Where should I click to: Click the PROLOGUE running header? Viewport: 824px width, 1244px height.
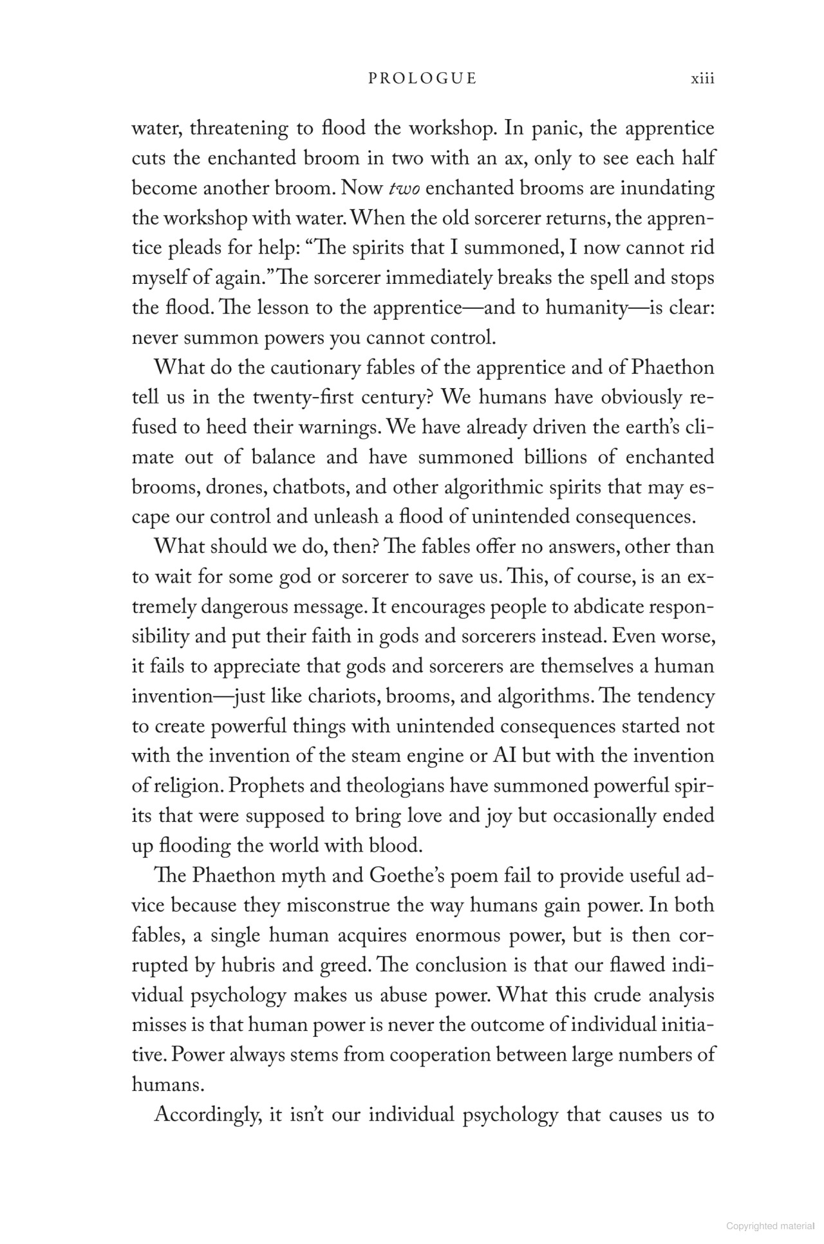tap(422, 79)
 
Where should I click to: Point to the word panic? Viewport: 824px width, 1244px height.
tap(556, 128)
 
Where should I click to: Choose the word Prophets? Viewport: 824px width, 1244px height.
tap(275, 786)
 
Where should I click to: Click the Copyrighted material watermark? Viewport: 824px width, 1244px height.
tap(770, 1226)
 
